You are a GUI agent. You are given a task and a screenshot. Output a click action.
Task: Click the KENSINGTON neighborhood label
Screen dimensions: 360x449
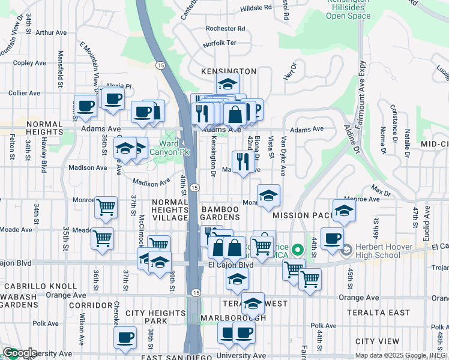coord(228,71)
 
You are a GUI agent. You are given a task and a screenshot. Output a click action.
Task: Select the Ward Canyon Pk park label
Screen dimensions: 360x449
coord(174,148)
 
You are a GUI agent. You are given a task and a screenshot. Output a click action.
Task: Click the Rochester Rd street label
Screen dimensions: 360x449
coord(225,28)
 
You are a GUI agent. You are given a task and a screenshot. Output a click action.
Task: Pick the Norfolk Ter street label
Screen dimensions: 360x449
coord(220,44)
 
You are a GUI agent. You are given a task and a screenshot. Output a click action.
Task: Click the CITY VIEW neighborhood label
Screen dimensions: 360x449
coord(378,341)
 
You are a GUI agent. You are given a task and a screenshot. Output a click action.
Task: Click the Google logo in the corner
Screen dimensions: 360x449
coord(19,353)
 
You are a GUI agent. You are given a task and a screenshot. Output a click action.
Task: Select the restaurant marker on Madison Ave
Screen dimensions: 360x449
coord(242,161)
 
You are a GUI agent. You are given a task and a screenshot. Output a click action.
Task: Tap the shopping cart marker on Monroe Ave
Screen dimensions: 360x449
coord(106,208)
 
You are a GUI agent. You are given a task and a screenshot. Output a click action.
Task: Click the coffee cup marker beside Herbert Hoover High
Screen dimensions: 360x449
coord(332,238)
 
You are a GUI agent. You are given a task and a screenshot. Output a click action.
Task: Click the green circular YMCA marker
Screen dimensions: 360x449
coord(296,248)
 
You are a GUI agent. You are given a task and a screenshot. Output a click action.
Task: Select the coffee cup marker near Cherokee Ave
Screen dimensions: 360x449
coord(125,337)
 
